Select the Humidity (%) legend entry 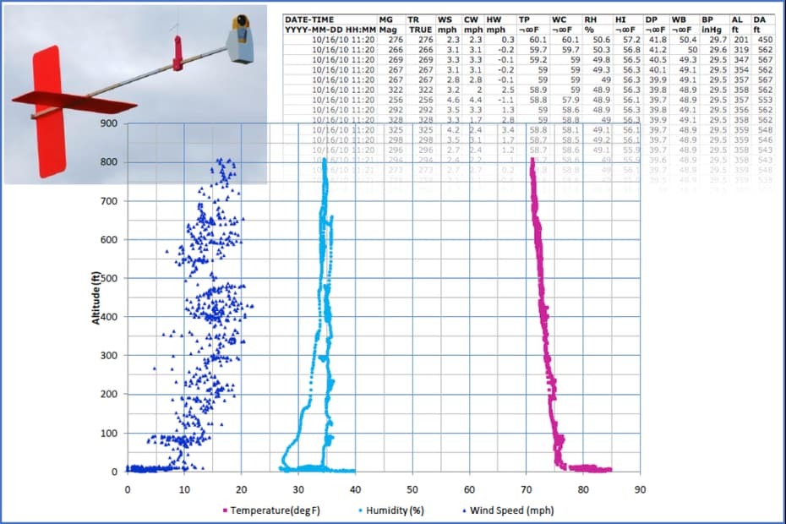point(395,510)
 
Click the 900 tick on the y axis point(107,123)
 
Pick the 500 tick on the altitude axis point(107,278)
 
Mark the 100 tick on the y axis point(107,433)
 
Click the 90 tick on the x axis point(640,489)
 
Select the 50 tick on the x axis point(412,489)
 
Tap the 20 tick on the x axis point(242,489)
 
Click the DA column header point(759,18)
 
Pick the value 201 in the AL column point(739,40)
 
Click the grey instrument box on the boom point(241,42)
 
